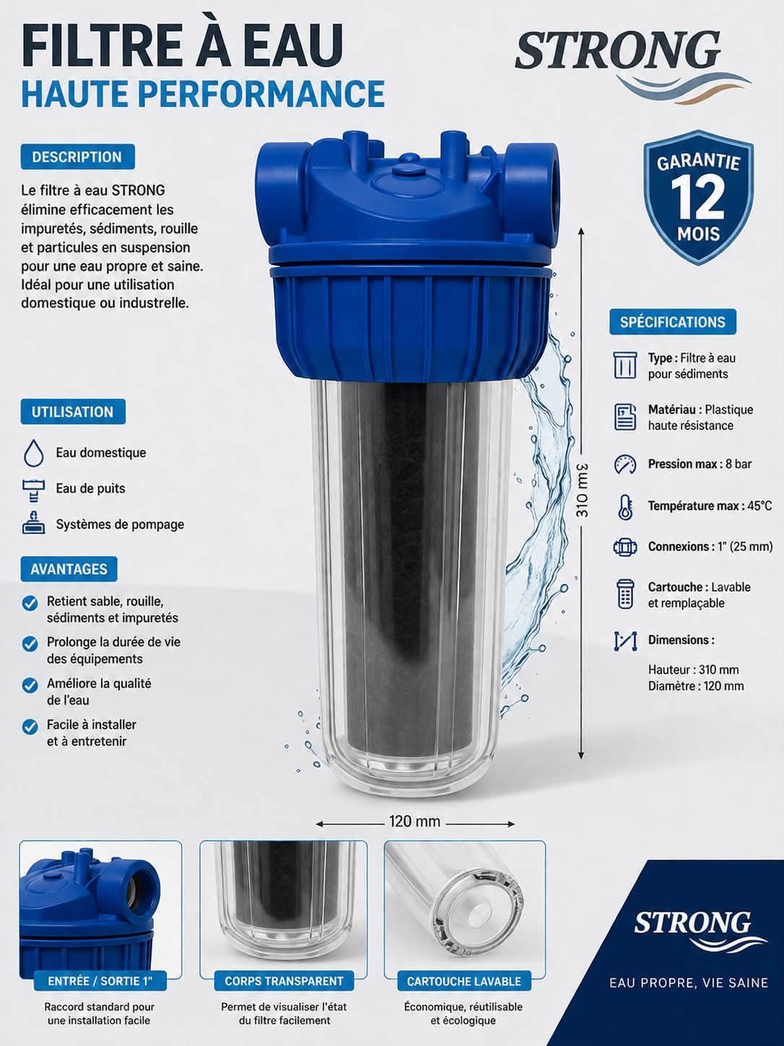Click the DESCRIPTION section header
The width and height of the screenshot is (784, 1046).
(77, 157)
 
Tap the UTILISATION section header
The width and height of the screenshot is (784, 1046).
(73, 412)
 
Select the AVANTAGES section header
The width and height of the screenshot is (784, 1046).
(69, 569)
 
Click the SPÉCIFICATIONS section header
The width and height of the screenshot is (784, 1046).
(673, 321)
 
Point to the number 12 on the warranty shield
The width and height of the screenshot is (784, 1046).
(698, 198)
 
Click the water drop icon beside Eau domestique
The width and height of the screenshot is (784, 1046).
(33, 453)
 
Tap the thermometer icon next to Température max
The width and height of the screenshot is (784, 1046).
(625, 506)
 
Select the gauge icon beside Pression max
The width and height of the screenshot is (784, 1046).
(625, 464)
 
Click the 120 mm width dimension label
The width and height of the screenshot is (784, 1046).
(414, 821)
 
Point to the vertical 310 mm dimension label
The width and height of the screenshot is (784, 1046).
(582, 490)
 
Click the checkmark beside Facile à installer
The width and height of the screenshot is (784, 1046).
(30, 727)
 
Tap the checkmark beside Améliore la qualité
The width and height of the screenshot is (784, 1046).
(30, 686)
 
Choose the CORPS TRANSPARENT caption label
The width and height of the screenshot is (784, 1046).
(284, 981)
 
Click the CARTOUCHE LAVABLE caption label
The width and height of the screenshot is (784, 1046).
(464, 981)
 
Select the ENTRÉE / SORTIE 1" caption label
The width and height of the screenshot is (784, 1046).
(100, 981)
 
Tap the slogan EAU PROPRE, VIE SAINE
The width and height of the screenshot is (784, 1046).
(688, 982)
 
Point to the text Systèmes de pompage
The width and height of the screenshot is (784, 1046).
(120, 524)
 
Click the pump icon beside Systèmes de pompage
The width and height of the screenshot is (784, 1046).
(33, 523)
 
